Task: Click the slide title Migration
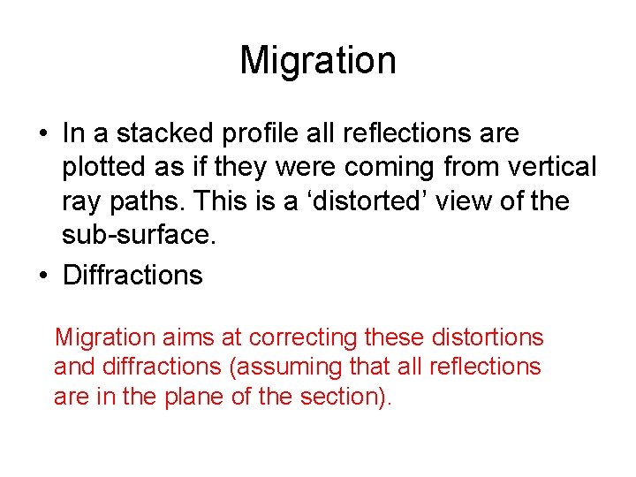(x=317, y=61)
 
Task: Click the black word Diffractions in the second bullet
(x=132, y=275)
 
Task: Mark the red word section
(x=340, y=397)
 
